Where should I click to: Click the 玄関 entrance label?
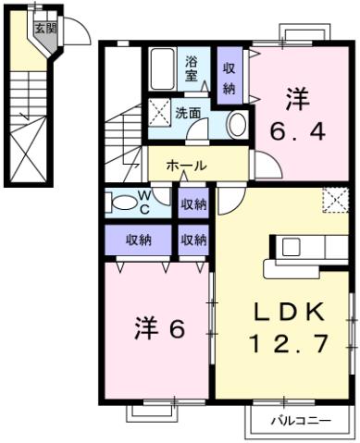(44, 28)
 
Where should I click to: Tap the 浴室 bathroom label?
(191, 68)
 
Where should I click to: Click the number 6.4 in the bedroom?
(296, 131)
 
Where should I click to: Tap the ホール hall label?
(186, 166)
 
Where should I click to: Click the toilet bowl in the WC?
(120, 202)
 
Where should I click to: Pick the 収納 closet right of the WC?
(193, 203)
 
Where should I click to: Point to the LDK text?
(287, 313)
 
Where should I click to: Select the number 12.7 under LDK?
(287, 345)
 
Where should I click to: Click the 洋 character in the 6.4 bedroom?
(296, 97)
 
